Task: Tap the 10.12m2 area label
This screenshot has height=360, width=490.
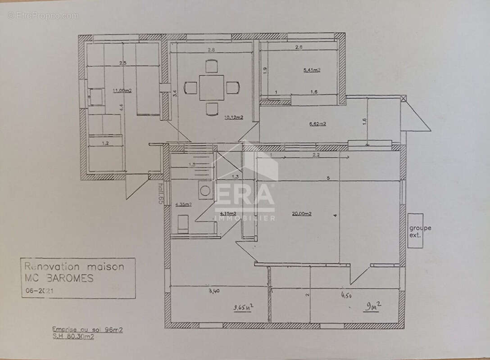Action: tap(233, 118)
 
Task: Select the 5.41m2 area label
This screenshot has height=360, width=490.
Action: tap(312, 70)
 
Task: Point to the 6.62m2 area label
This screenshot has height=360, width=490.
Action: tap(317, 123)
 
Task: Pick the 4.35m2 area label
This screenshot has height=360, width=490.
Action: tap(183, 205)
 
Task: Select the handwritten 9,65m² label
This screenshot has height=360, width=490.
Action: tap(243, 308)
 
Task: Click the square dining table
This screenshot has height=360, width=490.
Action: tap(212, 88)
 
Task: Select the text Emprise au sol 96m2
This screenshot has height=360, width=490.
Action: tap(87, 330)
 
